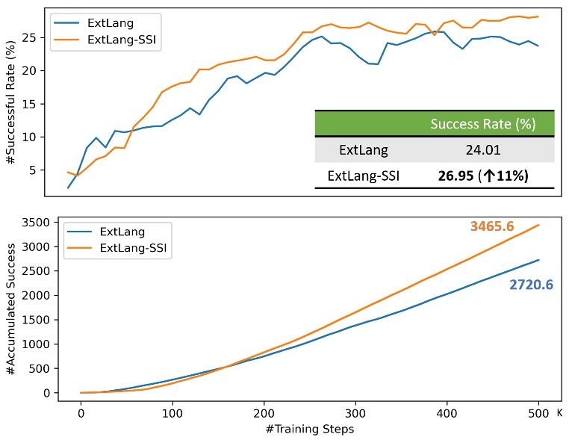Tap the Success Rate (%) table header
(x=482, y=124)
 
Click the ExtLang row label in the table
(x=364, y=150)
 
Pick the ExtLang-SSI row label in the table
(x=364, y=176)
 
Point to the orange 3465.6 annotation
(x=492, y=226)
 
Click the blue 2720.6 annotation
(x=531, y=285)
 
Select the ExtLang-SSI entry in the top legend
(x=125, y=40)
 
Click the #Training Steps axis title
(x=309, y=429)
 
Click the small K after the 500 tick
(x=559, y=411)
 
